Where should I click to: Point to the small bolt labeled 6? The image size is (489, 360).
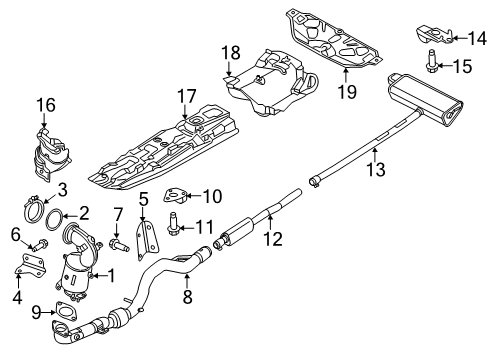tap(32, 245)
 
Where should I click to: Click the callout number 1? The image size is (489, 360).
tap(111, 274)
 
